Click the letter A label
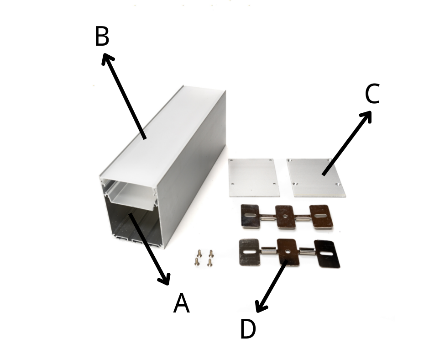coord(181,303)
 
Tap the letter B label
coord(102,36)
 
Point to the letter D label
coord(248,328)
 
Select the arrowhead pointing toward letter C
coord(366,116)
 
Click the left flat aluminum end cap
coord(254,178)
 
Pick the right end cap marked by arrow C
coord(316,178)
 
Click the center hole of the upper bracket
coord(285,217)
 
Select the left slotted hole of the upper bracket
coord(250,215)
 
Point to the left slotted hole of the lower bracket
coord(249,252)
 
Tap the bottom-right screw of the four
coord(209,263)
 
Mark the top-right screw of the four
coord(211,254)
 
